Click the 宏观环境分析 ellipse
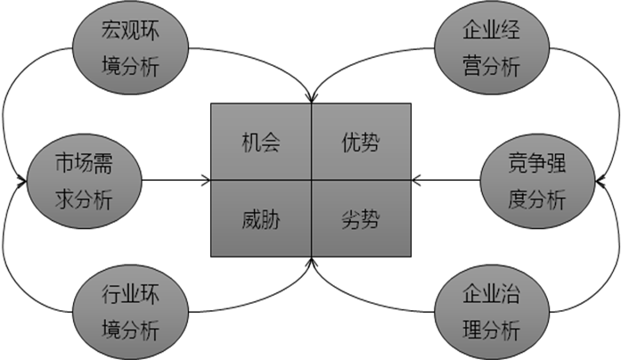pos(130,49)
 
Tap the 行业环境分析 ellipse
pos(130,312)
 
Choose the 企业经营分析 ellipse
pos(490,48)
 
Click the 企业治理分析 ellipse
pos(490,312)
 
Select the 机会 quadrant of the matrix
pos(261,142)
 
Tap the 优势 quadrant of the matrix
pos(361,142)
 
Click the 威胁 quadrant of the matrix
pos(261,218)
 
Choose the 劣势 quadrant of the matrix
pos(361,218)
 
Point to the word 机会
pos(261,143)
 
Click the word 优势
pos(361,143)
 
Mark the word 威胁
pos(261,219)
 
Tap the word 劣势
pos(361,219)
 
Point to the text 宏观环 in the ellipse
pos(130,33)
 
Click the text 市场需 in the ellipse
pos(84,165)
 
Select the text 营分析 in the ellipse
pos(490,65)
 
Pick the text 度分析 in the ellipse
pos(536,199)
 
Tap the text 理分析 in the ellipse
pos(490,330)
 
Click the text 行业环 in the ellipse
pos(130,296)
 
